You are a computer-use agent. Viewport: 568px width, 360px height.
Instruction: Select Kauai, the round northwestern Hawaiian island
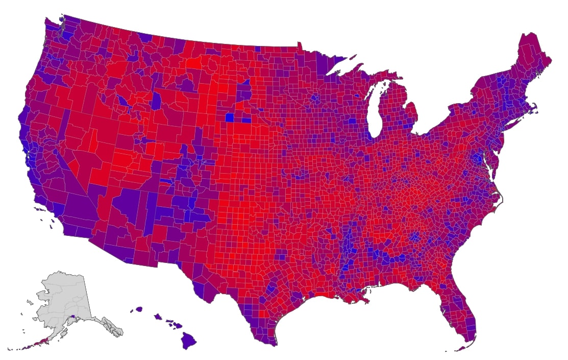pyautogui.click(x=138, y=309)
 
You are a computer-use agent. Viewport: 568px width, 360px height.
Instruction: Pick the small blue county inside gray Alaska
pyautogui.click(x=75, y=317)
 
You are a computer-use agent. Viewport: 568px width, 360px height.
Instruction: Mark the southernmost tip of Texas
pyautogui.click(x=276, y=345)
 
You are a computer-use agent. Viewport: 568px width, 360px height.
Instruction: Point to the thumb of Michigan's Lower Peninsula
pyautogui.click(x=414, y=108)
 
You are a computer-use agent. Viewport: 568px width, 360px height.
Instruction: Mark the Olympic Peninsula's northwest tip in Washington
pyautogui.click(x=45, y=21)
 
